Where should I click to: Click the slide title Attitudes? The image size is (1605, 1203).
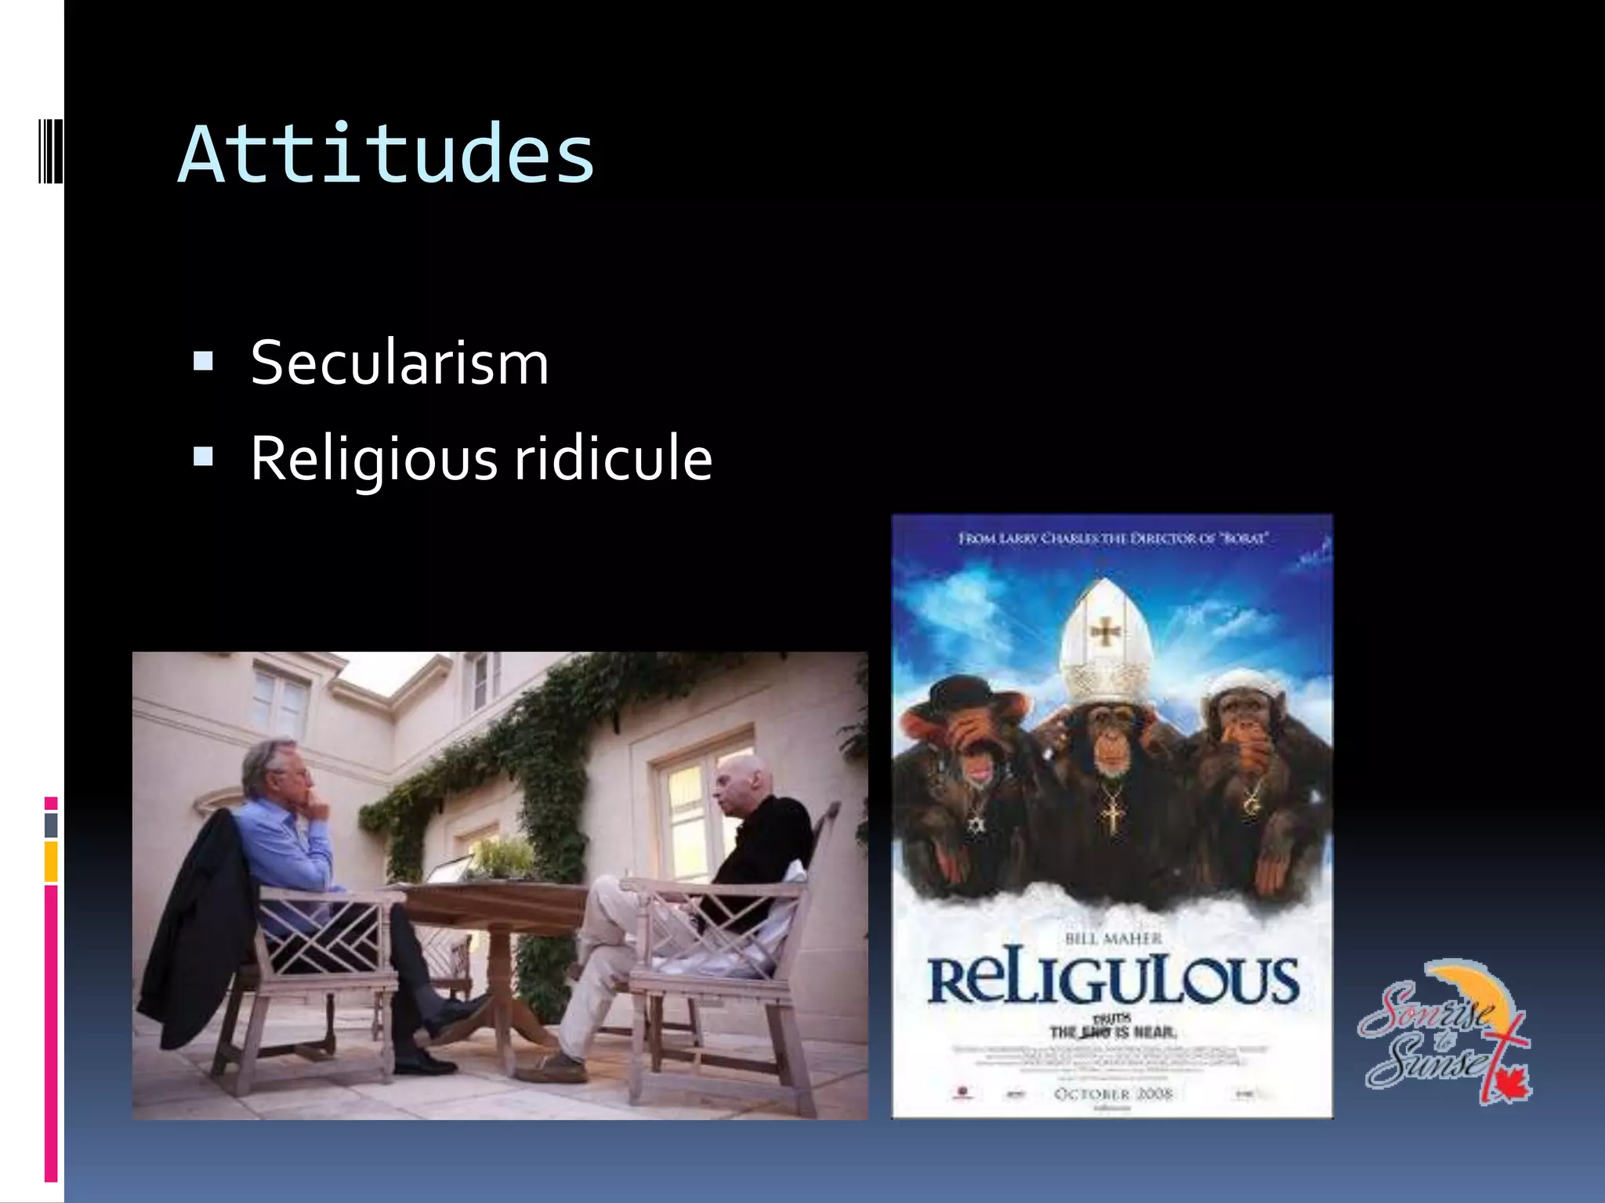pos(386,154)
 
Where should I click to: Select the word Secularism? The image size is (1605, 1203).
pos(399,363)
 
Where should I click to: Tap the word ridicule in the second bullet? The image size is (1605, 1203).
pos(613,458)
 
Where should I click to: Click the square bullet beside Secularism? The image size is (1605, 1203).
pos(203,361)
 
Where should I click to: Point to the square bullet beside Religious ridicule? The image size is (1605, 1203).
pos(203,457)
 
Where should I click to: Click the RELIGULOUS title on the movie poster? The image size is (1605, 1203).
pos(1113,981)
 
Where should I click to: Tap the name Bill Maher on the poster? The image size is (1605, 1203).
pos(1113,938)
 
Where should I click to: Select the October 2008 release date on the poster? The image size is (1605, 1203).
pos(1113,1093)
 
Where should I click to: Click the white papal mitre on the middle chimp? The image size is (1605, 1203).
pos(1103,642)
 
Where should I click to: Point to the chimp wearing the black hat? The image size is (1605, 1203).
pos(972,752)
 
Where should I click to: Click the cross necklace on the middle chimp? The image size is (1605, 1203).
pos(1111,815)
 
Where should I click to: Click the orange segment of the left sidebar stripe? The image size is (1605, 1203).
pos(51,862)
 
